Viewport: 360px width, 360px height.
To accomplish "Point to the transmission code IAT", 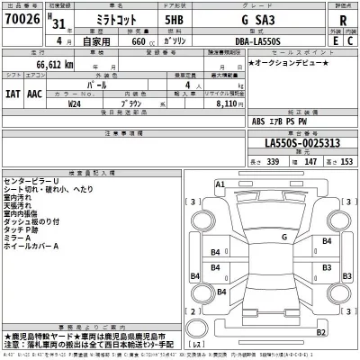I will coord(13,91).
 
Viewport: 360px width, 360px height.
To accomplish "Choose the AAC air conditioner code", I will coord(34,91).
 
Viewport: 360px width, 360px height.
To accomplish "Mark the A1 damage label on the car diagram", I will coord(220,184).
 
